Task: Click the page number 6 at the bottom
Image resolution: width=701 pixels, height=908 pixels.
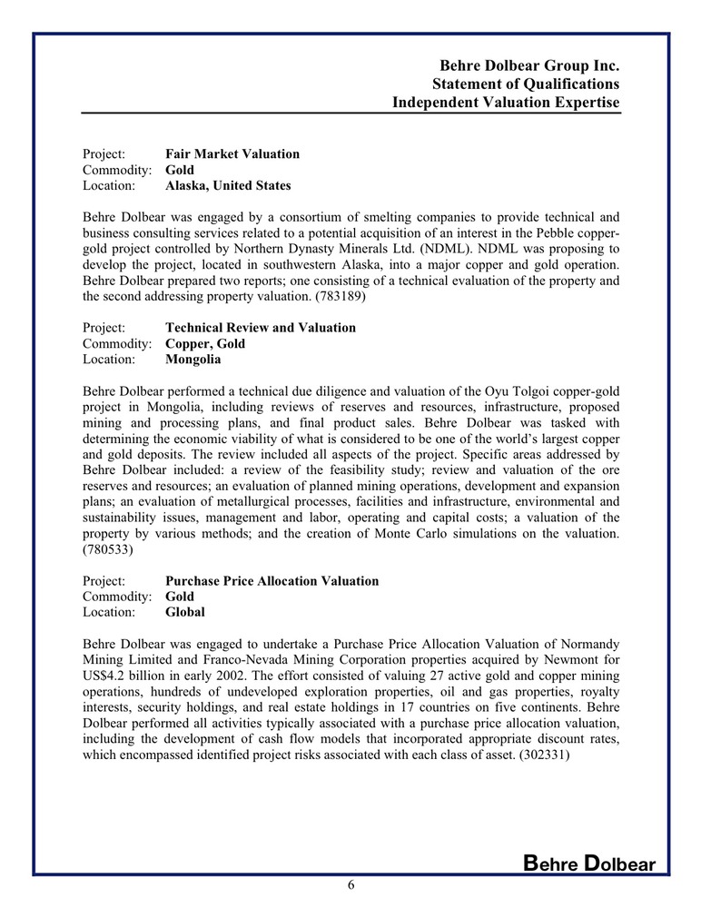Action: point(350,886)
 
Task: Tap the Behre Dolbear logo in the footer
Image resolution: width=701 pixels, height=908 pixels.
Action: point(589,864)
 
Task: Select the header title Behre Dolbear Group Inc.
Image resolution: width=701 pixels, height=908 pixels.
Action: point(529,65)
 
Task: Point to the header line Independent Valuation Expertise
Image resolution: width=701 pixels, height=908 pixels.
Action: point(506,103)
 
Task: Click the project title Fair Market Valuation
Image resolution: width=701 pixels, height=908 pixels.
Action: point(232,153)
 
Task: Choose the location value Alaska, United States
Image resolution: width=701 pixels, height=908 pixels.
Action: point(228,185)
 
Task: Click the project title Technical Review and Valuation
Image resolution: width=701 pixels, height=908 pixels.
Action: point(261,327)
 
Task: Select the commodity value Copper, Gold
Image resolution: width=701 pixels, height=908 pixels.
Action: point(205,343)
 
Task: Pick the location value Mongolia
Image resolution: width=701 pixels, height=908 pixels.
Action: point(193,359)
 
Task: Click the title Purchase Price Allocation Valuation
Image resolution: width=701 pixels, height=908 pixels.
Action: point(272,580)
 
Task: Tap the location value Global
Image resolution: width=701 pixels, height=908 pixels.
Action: point(185,612)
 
